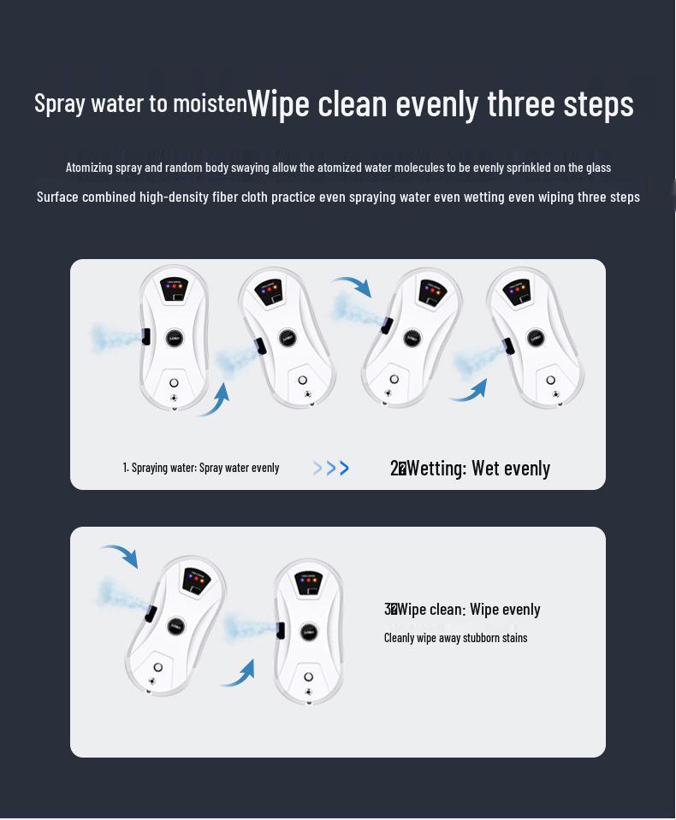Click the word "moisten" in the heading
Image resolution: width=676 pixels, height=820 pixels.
[210, 103]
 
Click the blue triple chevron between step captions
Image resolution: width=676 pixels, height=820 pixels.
[330, 468]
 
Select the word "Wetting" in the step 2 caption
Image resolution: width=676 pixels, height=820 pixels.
[436, 469]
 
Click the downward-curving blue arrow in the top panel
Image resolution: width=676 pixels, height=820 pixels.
[353, 286]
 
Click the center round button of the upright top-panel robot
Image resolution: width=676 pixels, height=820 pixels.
[175, 338]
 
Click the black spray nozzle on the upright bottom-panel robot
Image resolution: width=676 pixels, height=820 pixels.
[281, 630]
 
